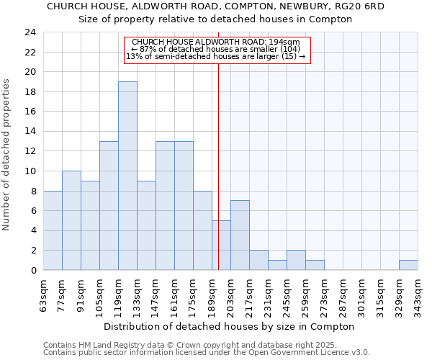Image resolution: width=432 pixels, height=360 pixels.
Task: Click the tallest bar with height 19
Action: tap(127, 176)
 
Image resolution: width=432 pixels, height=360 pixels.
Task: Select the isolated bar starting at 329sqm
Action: tap(408, 265)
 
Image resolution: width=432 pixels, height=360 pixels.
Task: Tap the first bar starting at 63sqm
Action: tap(53, 230)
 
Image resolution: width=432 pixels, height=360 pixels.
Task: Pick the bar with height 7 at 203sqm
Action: tap(240, 235)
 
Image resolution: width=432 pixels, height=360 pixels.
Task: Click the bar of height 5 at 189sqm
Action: tap(221, 245)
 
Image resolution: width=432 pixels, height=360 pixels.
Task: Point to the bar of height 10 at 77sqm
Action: tap(71, 220)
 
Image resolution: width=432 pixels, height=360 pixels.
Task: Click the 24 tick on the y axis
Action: tap(30, 32)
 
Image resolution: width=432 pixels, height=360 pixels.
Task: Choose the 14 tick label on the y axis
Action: tap(30, 132)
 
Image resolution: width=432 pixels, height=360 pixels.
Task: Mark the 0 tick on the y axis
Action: tap(32, 271)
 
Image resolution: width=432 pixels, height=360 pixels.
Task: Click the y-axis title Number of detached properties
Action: tap(7, 155)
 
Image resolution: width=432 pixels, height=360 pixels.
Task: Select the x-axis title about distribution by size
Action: tap(229, 326)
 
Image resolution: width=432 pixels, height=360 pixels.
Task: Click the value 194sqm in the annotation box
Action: tap(296, 42)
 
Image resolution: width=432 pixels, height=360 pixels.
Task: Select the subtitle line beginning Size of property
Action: tap(215, 19)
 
